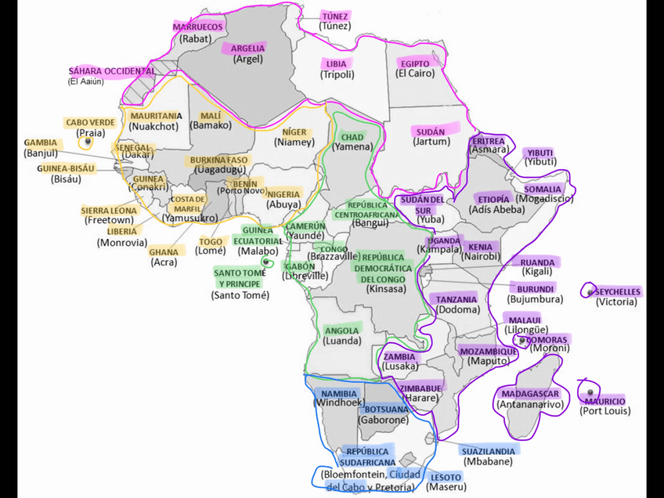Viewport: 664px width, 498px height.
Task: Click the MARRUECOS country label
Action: pos(198,27)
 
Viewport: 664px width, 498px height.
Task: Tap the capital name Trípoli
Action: pos(337,75)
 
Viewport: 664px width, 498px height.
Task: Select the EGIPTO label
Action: pos(415,63)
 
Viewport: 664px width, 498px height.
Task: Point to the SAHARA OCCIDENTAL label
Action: pos(111,70)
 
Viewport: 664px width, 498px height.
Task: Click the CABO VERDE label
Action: pos(90,122)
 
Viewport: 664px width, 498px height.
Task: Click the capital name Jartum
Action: pos(432,142)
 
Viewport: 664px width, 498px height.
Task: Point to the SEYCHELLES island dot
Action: pos(590,292)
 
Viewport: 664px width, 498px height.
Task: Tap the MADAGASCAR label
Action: pos(529,394)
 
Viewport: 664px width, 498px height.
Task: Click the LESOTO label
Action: pos(446,477)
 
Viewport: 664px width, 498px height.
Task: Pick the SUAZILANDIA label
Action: pos(489,451)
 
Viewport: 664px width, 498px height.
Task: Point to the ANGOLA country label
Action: pos(341,330)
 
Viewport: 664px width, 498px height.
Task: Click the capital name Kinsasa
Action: pos(386,289)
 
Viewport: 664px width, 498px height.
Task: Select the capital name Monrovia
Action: pos(121,243)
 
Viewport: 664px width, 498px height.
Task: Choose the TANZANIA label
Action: pos(456,299)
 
